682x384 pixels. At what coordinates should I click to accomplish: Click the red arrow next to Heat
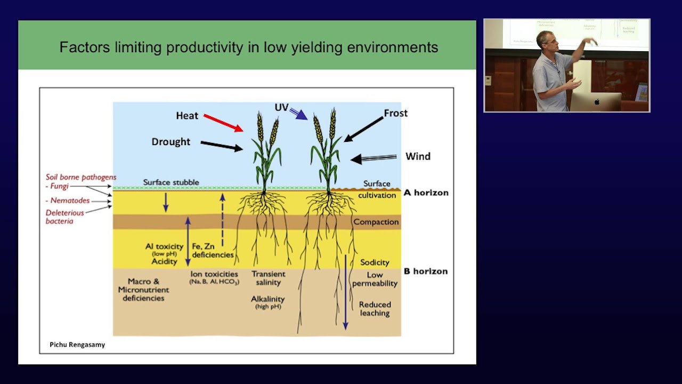point(223,123)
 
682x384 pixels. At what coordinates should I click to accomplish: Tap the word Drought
point(170,142)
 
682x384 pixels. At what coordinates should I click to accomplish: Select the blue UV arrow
point(298,113)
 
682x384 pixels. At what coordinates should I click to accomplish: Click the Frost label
point(395,113)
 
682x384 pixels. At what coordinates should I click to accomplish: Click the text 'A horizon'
point(426,193)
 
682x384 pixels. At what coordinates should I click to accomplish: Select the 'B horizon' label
point(426,271)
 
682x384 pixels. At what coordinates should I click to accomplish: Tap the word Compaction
point(376,222)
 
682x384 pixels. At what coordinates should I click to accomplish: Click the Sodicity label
point(375,262)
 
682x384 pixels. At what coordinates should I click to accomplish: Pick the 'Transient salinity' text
point(268,278)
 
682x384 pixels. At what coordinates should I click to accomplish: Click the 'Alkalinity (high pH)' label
point(267,302)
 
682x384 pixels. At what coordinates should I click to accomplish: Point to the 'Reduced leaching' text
point(375,308)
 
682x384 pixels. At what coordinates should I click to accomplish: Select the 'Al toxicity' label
point(164,246)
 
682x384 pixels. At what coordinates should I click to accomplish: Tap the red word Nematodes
point(69,201)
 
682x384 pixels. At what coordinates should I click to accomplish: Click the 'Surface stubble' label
point(170,182)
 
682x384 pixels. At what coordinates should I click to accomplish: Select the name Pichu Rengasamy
point(77,345)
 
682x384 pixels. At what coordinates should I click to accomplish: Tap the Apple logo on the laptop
point(597,102)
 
